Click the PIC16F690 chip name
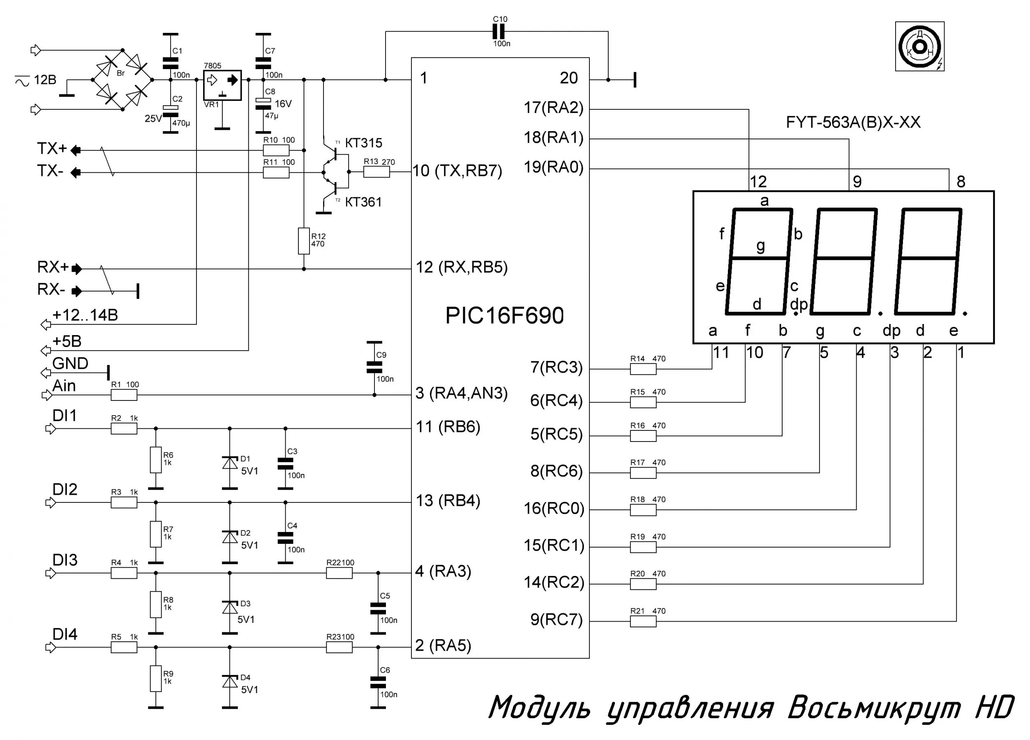[504, 315]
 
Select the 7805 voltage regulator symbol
[222, 85]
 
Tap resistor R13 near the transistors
[376, 172]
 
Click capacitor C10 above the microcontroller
[499, 32]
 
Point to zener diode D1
[229, 462]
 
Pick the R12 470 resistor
[303, 241]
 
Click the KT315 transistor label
[363, 143]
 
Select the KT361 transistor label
[363, 202]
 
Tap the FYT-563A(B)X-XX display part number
[853, 122]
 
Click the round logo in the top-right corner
[920, 46]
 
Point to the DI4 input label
[65, 634]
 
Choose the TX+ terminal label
[52, 148]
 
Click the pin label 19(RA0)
[553, 167]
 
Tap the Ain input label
[64, 386]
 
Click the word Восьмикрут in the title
[874, 708]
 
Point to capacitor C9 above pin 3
[374, 367]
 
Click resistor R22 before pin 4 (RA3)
[339, 573]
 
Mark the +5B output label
[67, 341]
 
